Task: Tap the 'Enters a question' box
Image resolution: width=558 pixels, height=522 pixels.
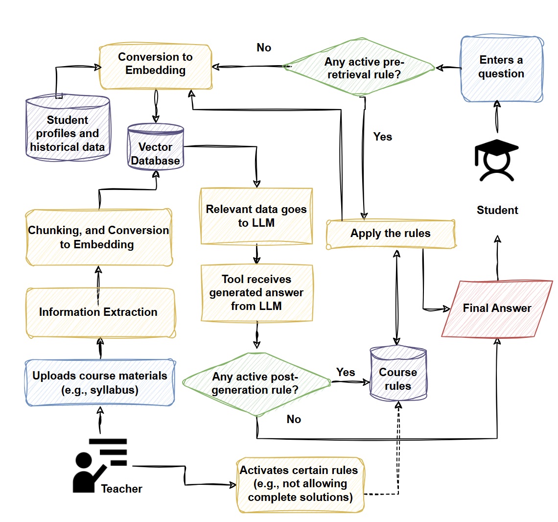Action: (x=501, y=69)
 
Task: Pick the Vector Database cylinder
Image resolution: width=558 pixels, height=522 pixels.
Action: (x=156, y=148)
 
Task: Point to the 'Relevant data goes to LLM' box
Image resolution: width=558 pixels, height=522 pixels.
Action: (x=256, y=216)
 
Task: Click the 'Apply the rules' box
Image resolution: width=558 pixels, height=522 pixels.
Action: (x=391, y=234)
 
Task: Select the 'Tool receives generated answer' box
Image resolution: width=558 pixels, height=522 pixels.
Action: (x=256, y=293)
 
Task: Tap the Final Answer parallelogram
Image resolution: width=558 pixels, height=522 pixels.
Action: (x=497, y=308)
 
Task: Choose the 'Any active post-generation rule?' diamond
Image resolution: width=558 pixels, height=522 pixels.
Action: (x=256, y=383)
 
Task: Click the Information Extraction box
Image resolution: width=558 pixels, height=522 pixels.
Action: (x=99, y=312)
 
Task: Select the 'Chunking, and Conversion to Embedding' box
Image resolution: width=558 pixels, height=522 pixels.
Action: (x=98, y=237)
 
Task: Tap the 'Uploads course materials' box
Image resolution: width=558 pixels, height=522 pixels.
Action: (x=100, y=383)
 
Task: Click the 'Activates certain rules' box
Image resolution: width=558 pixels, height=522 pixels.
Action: (x=300, y=484)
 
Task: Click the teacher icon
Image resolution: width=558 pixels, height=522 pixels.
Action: (x=95, y=465)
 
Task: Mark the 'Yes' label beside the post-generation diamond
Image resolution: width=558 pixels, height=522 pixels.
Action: (x=346, y=372)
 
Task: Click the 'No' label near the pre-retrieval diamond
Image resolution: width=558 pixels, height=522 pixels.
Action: (x=264, y=47)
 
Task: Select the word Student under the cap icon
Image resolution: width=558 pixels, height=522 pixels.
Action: (x=497, y=210)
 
